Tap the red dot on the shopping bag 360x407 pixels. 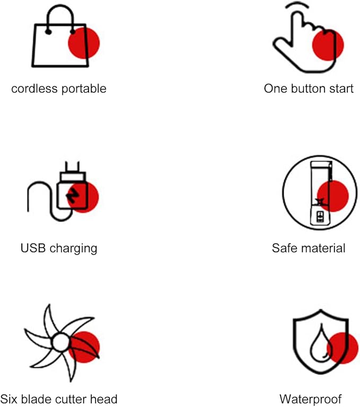pos(84,43)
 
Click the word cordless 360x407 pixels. pos(34,89)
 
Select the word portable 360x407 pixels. pos(84,89)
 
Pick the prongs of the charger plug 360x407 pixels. pos(72,166)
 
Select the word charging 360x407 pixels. pos(74,249)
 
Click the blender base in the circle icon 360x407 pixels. pos(320,216)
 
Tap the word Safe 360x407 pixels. pos(283,248)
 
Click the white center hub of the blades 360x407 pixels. pos(61,342)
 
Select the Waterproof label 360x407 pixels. pos(311,400)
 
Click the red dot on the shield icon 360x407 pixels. pos(343,348)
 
